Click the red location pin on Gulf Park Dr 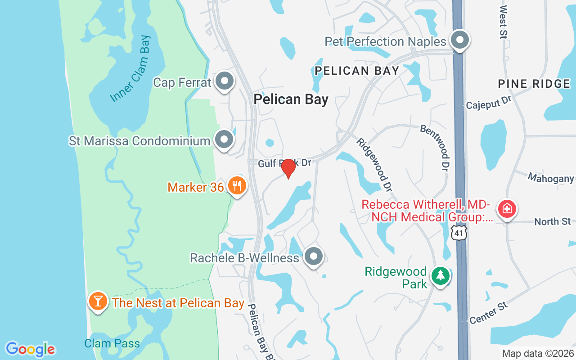288,168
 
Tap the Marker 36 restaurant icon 237,185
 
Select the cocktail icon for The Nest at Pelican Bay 98,301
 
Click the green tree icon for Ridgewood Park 440,275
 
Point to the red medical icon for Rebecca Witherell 507,209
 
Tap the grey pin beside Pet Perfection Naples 459,40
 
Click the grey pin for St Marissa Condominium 224,139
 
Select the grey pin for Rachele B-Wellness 314,256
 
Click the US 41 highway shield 459,233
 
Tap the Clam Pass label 112,344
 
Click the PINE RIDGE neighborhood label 534,84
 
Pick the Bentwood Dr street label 435,148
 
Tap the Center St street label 489,313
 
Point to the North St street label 553,221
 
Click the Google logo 31,349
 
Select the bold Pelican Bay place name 291,99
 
